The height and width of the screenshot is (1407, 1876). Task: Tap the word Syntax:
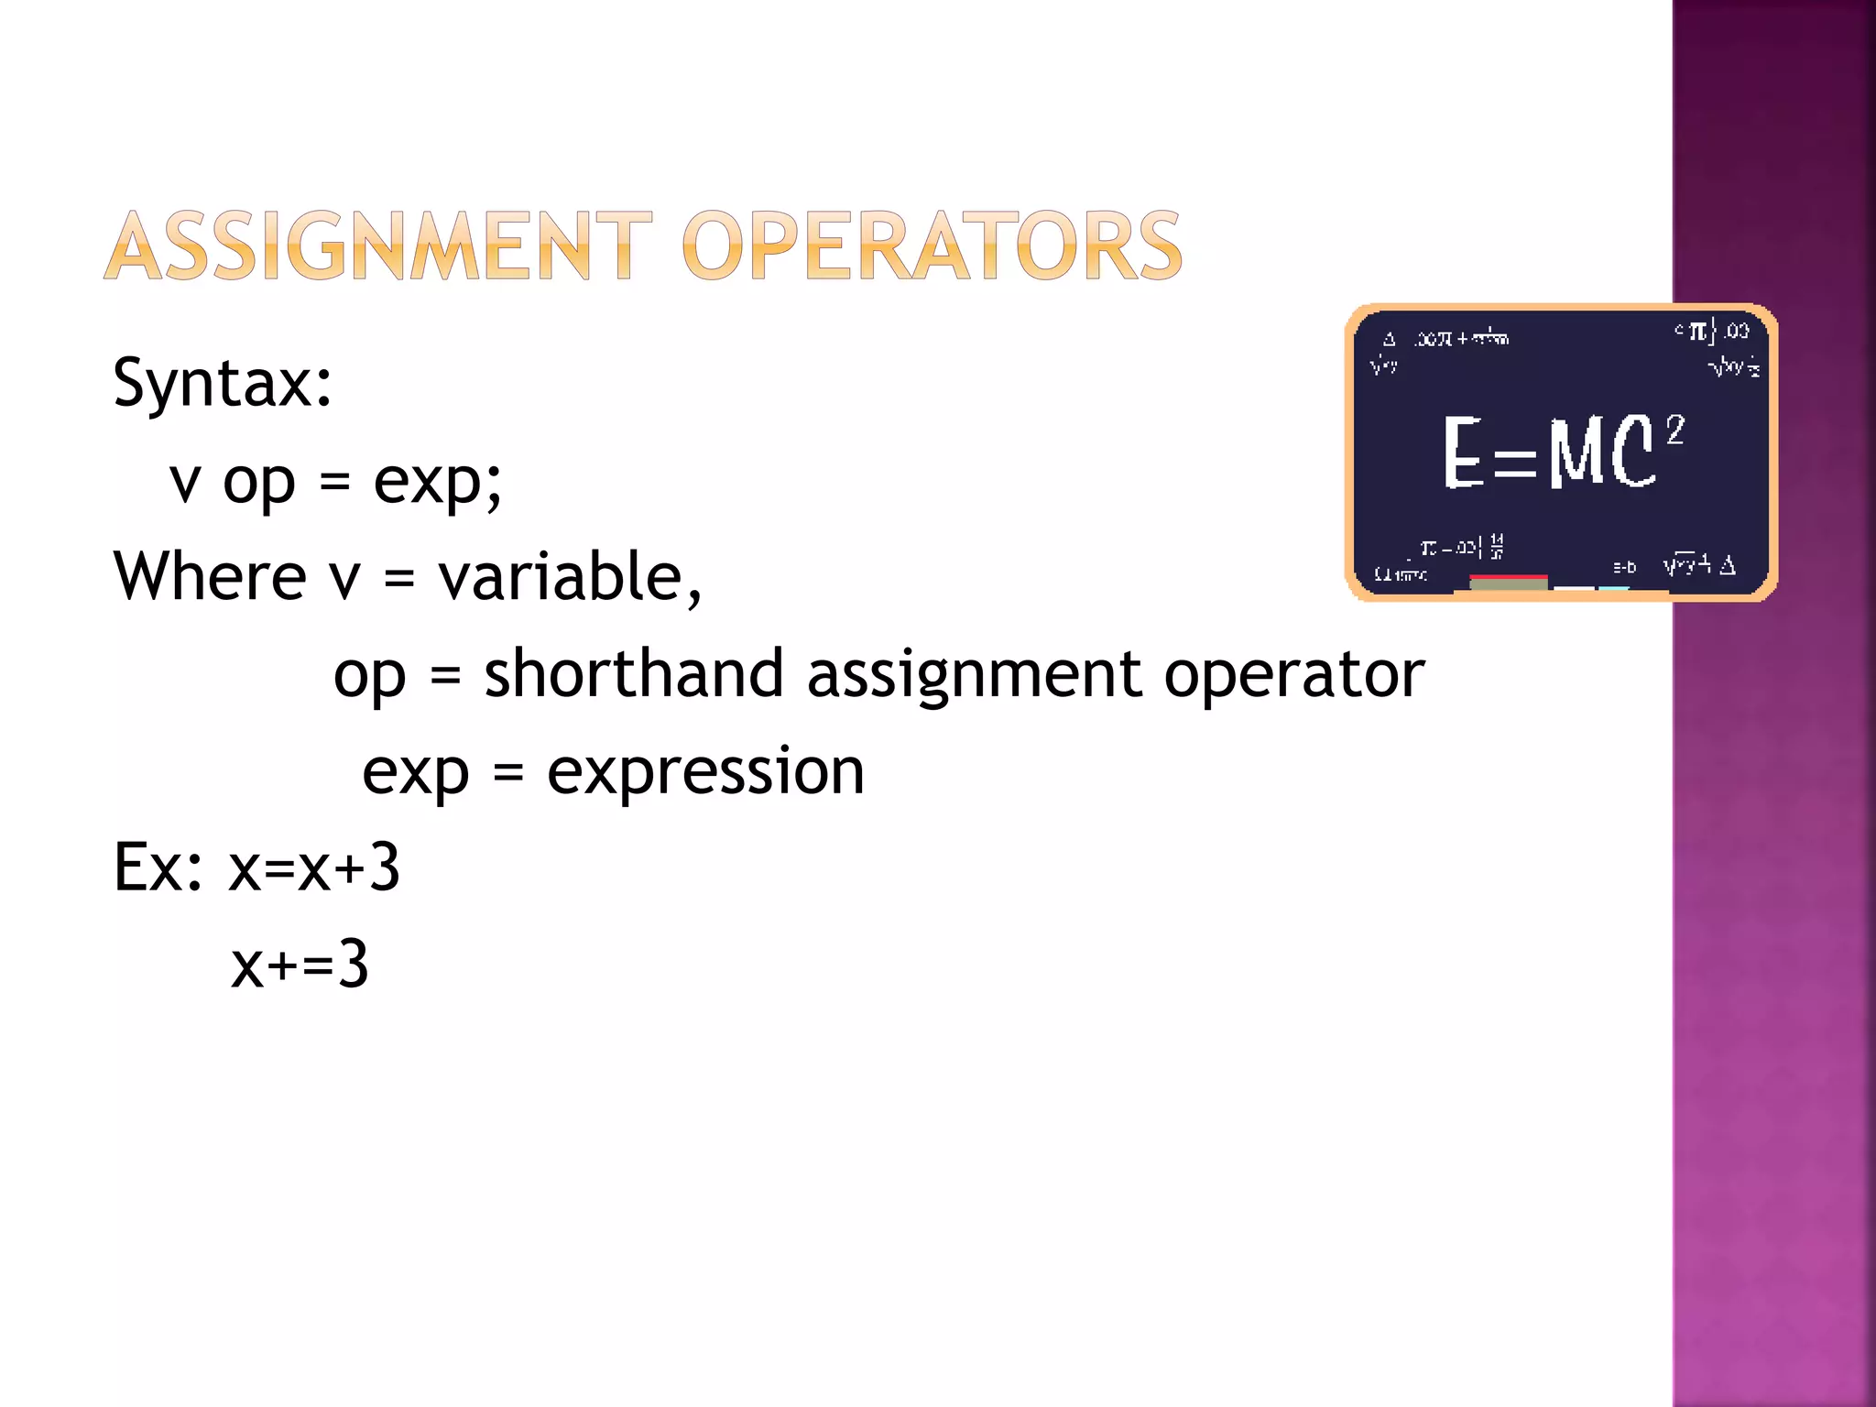click(223, 383)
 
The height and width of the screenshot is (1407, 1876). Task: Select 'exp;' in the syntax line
click(438, 482)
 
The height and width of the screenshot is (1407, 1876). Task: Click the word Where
click(210, 577)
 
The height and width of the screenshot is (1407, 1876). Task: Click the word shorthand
click(634, 674)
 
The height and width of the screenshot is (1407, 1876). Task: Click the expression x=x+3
click(314, 867)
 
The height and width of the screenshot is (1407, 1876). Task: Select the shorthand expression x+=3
click(300, 965)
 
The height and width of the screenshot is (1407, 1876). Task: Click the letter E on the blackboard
click(1463, 452)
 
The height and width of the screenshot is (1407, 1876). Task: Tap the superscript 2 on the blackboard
click(1674, 430)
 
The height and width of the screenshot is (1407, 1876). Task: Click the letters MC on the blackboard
click(1602, 452)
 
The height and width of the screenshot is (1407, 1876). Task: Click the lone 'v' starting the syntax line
click(185, 482)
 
